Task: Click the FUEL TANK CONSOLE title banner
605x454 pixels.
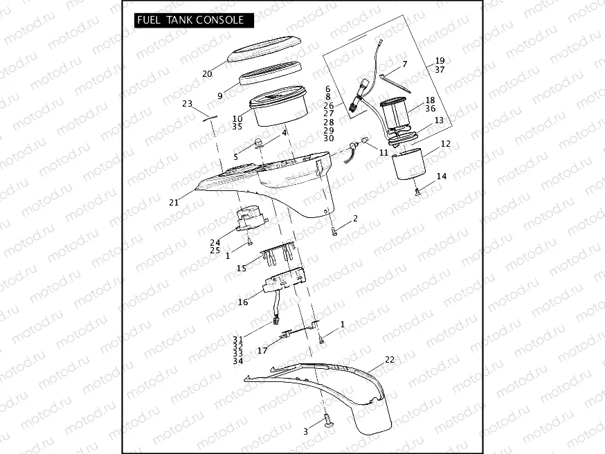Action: tap(190, 20)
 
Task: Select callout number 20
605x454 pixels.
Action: tap(207, 74)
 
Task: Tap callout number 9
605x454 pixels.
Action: tap(219, 96)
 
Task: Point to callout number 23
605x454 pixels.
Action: tap(187, 104)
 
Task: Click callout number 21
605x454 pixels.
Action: tap(173, 203)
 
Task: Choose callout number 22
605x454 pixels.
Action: tap(389, 360)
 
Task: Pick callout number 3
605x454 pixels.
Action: tap(305, 431)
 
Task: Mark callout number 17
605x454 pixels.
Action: tap(262, 351)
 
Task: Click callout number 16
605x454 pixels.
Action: tap(243, 302)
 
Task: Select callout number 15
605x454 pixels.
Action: tap(241, 268)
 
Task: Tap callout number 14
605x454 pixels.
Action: tap(441, 176)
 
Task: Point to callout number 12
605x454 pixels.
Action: tap(445, 144)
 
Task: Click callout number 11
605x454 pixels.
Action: tap(383, 152)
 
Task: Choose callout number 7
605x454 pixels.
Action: tap(405, 64)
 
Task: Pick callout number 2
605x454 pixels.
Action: tap(355, 219)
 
